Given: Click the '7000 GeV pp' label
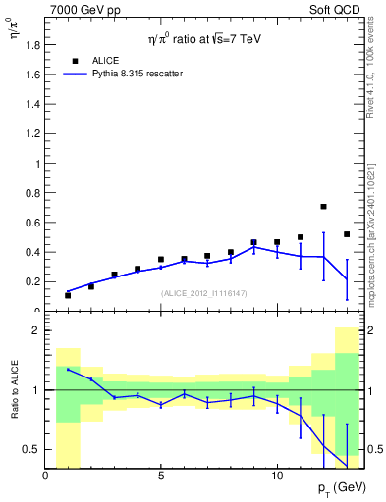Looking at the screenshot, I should (85, 9).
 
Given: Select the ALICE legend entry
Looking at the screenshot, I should (104, 60).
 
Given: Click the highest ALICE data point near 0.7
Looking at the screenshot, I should (323, 207).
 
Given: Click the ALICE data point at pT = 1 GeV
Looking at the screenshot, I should (68, 295).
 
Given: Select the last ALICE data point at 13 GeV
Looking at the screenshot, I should (347, 234).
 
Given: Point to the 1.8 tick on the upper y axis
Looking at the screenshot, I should (32, 44).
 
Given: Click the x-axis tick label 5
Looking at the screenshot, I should (161, 476).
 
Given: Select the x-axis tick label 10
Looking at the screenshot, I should (276, 476).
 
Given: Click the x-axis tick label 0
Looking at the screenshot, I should (45, 476).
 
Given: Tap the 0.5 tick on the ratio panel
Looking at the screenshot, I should (32, 449).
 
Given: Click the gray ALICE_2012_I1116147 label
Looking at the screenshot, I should (203, 293).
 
